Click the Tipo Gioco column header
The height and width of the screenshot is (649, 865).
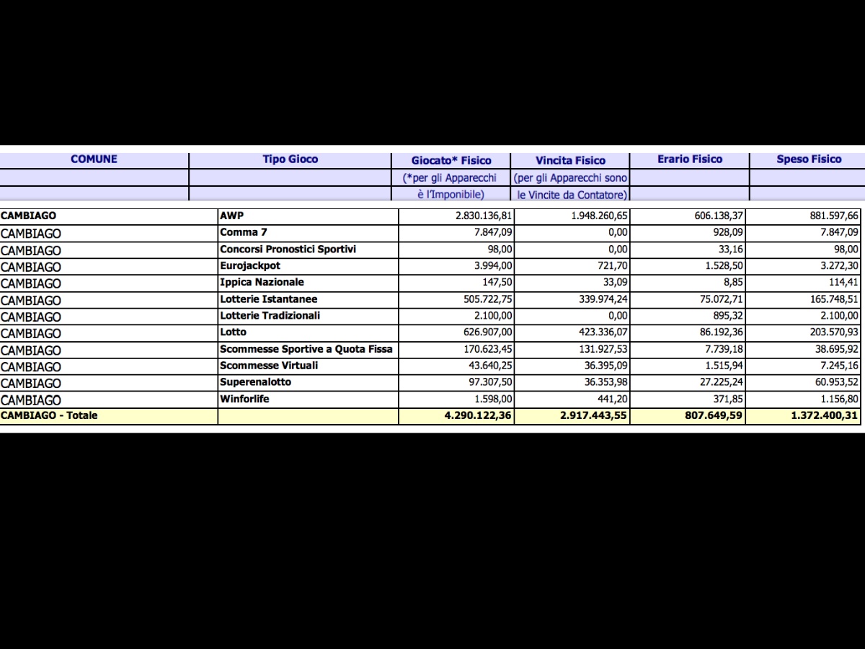pyautogui.click(x=290, y=159)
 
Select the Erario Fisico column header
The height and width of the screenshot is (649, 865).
pyautogui.click(x=689, y=159)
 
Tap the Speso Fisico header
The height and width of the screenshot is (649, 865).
pyautogui.click(x=809, y=159)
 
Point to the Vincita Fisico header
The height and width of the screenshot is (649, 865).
pyautogui.click(x=570, y=160)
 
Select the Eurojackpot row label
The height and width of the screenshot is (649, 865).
pyautogui.click(x=250, y=266)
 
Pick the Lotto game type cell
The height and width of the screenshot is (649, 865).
pyautogui.click(x=233, y=332)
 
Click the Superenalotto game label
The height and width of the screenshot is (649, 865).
pyautogui.click(x=255, y=382)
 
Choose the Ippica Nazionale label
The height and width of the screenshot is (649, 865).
pyautogui.click(x=262, y=283)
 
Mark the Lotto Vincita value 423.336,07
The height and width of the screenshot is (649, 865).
pyautogui.click(x=599, y=333)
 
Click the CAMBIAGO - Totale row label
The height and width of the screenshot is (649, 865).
pyautogui.click(x=49, y=415)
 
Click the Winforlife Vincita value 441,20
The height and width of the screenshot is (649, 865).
pyautogui.click(x=612, y=399)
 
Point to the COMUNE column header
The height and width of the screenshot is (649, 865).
pyautogui.click(x=94, y=159)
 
